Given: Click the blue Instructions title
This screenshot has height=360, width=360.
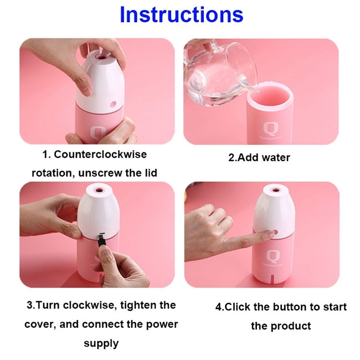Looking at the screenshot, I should coord(181,15).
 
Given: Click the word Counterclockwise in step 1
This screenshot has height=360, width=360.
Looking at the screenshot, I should coord(102,154).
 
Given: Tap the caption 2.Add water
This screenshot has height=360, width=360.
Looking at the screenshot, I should coord(259,157).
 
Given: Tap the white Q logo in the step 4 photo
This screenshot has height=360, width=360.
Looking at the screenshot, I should coord(273,256).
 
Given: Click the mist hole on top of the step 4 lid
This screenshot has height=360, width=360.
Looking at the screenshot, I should coord(272,191).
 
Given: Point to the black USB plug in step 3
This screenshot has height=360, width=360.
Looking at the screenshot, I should coord(102,241).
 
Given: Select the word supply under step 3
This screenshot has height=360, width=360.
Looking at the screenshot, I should coord(101,343).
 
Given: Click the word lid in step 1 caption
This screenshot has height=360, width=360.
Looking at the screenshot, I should coord(150,173).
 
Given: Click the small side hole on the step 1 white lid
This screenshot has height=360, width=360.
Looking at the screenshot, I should coord(114,104).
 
